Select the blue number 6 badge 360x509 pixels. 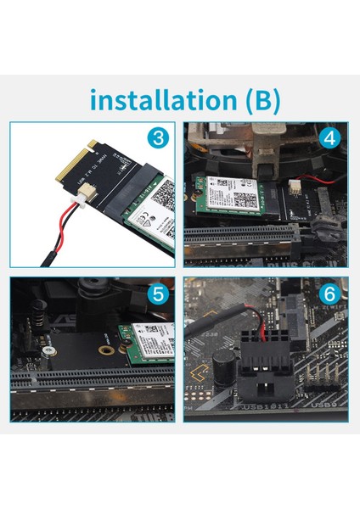point(329,296)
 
